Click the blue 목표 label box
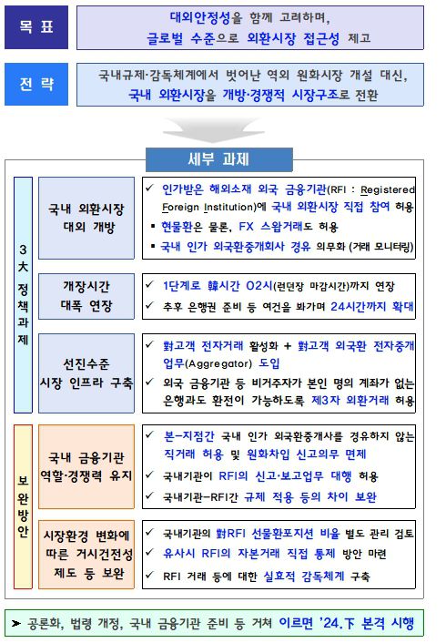[35, 29]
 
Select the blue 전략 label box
[35, 84]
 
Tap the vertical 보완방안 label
[22, 505]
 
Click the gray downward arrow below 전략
[221, 127]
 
